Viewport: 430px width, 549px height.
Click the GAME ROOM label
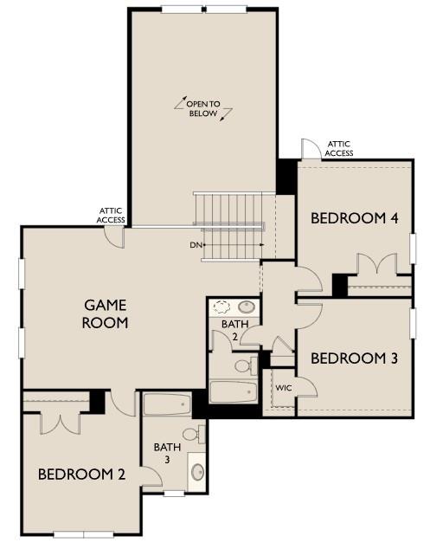106,314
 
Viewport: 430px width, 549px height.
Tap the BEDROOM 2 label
81,475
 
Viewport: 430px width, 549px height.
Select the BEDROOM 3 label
354,358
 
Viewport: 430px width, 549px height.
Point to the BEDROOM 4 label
354,218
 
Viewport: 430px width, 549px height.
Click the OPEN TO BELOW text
203,109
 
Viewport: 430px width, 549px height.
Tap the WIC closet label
283,388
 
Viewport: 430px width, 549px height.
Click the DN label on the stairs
196,245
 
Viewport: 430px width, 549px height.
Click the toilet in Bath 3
192,434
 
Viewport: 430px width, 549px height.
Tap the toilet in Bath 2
243,365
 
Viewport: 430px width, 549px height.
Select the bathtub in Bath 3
167,405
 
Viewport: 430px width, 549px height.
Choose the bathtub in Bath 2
233,391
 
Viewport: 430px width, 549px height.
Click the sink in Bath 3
197,473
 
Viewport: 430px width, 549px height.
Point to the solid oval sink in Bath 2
247,307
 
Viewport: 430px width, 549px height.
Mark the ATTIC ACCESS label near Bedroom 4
338,149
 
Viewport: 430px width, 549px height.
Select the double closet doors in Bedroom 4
373,266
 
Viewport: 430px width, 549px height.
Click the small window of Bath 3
174,494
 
